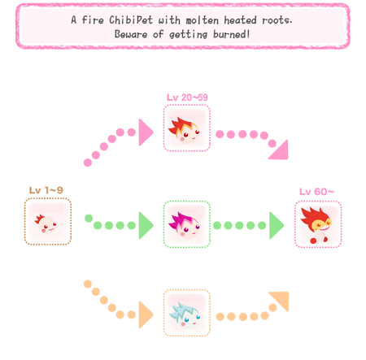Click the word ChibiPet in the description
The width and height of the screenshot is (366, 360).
pyautogui.click(x=131, y=20)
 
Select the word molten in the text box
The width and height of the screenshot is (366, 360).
pyautogui.click(x=203, y=20)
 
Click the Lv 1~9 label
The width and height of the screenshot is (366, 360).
pyautogui.click(x=46, y=190)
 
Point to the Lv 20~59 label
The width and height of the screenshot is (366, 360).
pyautogui.click(x=187, y=98)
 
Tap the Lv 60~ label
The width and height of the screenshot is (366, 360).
pyautogui.click(x=316, y=192)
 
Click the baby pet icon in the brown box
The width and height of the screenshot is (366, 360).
pyautogui.click(x=46, y=223)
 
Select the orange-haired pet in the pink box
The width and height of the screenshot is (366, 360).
pyautogui.click(x=185, y=129)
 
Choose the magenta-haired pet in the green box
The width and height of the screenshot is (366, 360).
pyautogui.click(x=185, y=223)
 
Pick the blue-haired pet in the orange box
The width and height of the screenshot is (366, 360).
pyautogui.click(x=185, y=314)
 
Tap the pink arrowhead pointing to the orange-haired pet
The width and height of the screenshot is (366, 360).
pyautogui.click(x=146, y=132)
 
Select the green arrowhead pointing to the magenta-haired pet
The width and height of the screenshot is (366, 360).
pyautogui.click(x=146, y=225)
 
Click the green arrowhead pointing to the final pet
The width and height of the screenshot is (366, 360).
pyautogui.click(x=277, y=225)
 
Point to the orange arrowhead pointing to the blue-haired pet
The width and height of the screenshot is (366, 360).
pyautogui.click(x=146, y=314)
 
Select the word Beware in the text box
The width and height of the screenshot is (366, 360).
pyautogui.click(x=131, y=34)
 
